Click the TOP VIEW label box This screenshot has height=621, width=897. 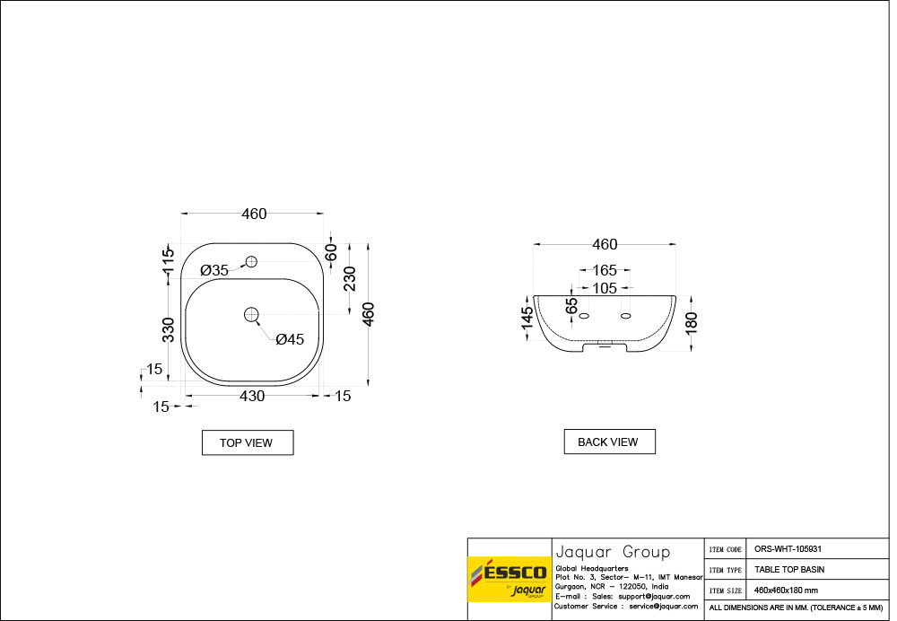(x=248, y=442)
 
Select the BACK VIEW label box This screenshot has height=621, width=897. (x=610, y=442)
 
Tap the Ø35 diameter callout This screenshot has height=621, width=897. (x=214, y=270)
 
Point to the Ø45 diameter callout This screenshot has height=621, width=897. (x=290, y=339)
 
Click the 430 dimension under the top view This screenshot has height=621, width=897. (x=252, y=396)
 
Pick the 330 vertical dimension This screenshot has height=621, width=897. (x=169, y=329)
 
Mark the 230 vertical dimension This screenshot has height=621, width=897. (x=350, y=279)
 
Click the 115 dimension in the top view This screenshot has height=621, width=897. (x=168, y=260)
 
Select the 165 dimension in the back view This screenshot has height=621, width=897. (x=604, y=270)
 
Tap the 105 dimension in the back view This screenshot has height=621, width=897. (x=604, y=288)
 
